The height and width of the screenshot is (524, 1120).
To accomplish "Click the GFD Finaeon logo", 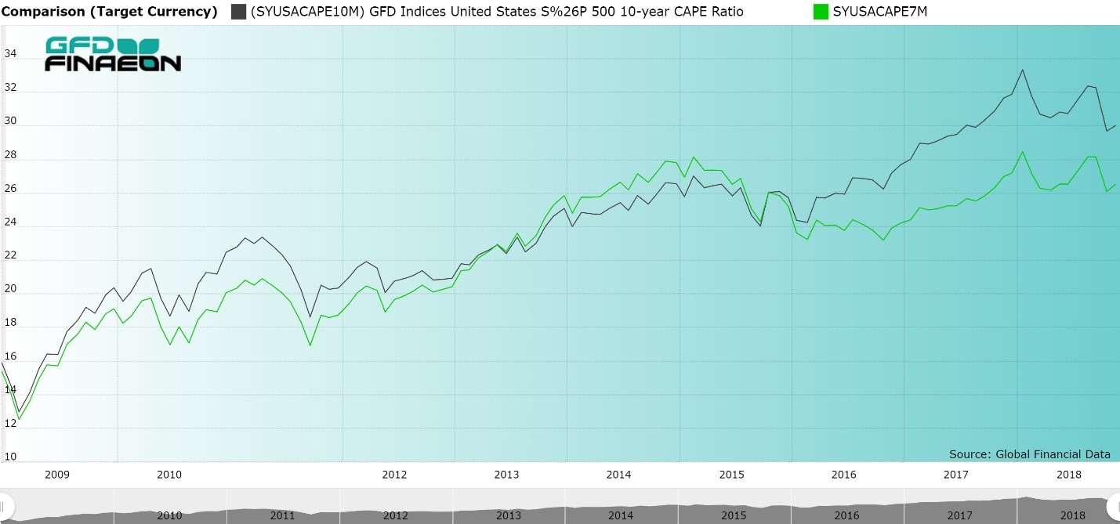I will tap(113, 54).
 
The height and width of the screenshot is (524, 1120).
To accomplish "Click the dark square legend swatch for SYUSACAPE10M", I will tap(238, 12).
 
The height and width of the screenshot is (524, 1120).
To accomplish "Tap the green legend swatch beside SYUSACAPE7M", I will tap(821, 12).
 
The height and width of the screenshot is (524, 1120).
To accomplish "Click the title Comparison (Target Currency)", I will tap(109, 12).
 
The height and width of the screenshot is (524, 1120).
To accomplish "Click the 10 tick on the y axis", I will tap(9, 457).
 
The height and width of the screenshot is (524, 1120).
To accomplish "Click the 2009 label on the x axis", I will tap(57, 475).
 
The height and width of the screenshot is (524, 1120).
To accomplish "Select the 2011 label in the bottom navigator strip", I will tap(282, 515).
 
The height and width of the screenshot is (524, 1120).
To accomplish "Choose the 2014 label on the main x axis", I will tap(618, 475).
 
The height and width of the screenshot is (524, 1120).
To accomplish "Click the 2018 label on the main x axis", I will tap(1069, 475).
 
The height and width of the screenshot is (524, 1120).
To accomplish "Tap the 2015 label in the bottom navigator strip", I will tap(734, 515).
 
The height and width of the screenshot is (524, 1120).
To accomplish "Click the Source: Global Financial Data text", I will tap(1029, 454).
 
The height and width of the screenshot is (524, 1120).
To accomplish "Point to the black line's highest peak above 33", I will tap(1022, 70).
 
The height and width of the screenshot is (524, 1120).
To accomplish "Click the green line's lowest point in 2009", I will tap(19, 419).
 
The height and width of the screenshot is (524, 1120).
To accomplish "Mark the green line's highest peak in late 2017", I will tap(1022, 152).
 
